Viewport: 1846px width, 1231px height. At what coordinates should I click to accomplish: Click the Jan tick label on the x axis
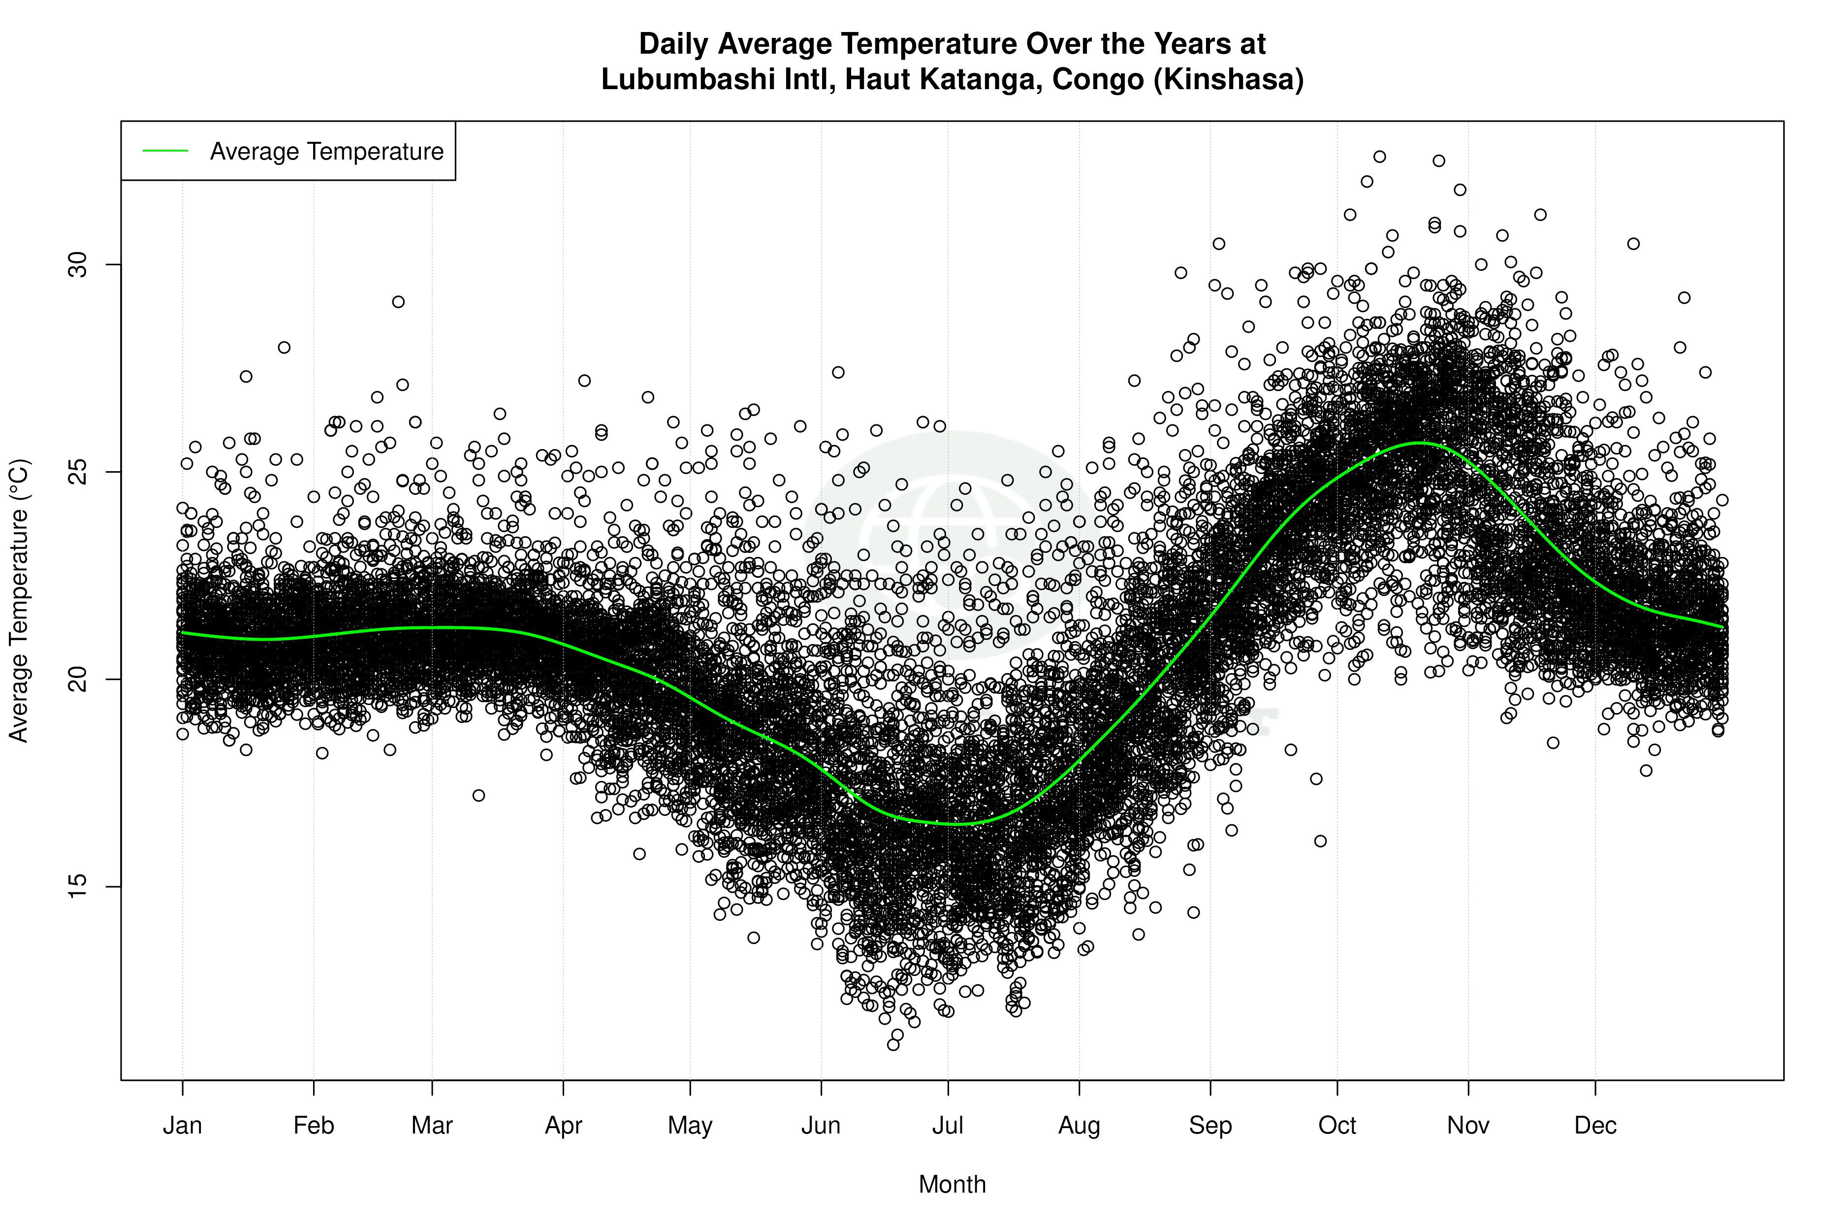point(182,1126)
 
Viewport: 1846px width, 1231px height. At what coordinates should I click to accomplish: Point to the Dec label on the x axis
point(1595,1126)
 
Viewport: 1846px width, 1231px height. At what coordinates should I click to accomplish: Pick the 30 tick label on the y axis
point(78,264)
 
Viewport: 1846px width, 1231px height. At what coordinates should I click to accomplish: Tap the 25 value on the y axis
point(78,472)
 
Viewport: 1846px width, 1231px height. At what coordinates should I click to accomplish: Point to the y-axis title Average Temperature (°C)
point(19,601)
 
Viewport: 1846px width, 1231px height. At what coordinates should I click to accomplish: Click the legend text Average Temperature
point(326,152)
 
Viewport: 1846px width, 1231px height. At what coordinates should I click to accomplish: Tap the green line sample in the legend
point(165,151)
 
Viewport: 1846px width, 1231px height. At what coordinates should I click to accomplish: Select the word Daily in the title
point(674,44)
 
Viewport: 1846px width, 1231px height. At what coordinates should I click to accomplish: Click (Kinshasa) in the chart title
point(1228,79)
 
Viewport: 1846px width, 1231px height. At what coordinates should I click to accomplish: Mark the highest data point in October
point(1379,157)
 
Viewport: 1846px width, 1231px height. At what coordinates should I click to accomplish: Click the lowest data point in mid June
point(893,1044)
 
